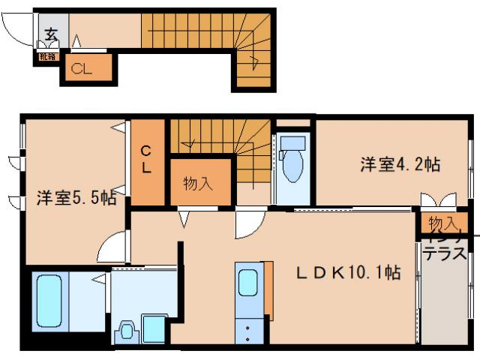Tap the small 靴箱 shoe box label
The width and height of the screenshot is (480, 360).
[x=46, y=55]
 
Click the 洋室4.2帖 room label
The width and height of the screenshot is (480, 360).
[x=399, y=164]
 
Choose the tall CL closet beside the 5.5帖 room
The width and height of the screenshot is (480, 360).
[x=146, y=160]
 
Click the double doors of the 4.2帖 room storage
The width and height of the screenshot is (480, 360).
[x=437, y=201]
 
